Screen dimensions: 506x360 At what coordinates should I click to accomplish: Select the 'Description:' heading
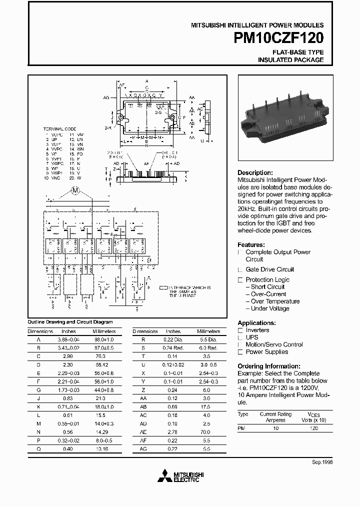pyautogui.click(x=255, y=172)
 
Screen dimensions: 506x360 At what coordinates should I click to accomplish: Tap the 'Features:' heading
pyautogui.click(x=251, y=245)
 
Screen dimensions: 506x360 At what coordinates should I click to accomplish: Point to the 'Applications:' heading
pyautogui.click(x=256, y=323)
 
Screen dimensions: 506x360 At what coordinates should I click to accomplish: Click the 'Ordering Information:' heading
pyautogui.click(x=268, y=366)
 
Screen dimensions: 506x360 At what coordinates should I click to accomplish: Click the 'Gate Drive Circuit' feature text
pyautogui.click(x=270, y=269)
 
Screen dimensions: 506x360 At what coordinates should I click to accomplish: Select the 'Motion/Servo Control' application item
pyautogui.click(x=274, y=344)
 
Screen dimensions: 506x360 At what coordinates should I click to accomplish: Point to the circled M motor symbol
pyautogui.click(x=75, y=190)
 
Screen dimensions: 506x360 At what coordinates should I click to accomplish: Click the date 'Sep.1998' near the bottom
pyautogui.click(x=322, y=462)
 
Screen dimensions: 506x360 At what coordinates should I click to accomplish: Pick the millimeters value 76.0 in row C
pyautogui.click(x=100, y=356)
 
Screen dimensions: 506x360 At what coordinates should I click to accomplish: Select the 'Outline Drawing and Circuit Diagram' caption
pyautogui.click(x=70, y=322)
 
